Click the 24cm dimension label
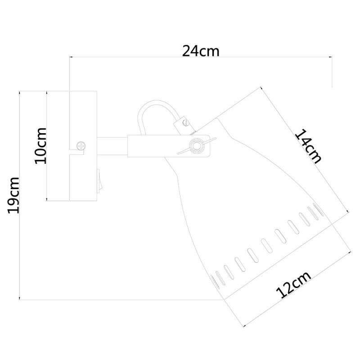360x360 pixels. point(200,51)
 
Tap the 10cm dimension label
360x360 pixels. point(40,145)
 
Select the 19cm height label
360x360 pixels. point(13,195)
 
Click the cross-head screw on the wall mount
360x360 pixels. point(81,146)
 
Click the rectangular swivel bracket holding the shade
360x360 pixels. point(169,146)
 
